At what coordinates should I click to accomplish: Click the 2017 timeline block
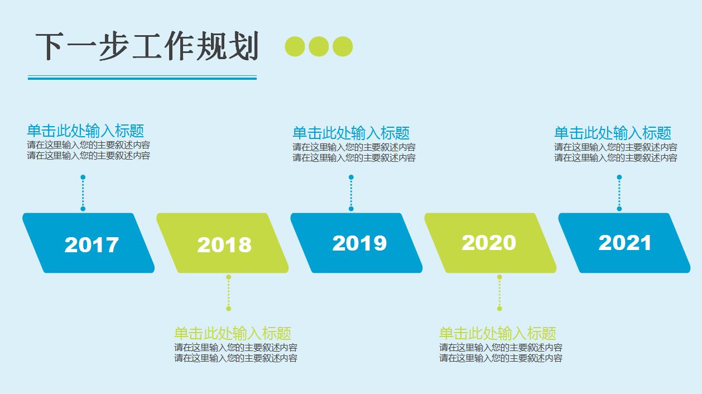pos(89,243)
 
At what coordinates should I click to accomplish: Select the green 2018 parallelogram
pos(223,244)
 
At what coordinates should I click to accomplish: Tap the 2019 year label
pos(359,243)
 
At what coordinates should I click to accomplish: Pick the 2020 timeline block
pos(490,243)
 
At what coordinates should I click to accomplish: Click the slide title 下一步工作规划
pos(147,46)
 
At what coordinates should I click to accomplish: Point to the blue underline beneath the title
pos(142,78)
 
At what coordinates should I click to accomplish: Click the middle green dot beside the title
pos(319,46)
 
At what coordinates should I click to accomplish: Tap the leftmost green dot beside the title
pos(295,46)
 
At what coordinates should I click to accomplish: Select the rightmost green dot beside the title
pos(343,46)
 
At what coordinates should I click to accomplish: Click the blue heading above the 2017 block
pos(85,131)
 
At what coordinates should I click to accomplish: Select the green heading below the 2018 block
pos(232,334)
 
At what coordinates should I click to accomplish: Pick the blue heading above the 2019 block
pos(351,133)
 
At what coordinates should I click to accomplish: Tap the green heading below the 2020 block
pos(497,334)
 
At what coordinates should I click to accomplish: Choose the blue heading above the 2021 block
pos(612,133)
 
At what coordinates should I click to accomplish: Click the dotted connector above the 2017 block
pos(83,193)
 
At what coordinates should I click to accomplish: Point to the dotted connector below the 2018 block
pos(228,292)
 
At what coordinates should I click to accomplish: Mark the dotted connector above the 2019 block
pos(351,193)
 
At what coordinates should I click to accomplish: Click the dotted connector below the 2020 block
pos(499,292)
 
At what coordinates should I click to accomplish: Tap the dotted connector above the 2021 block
pos(619,193)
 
